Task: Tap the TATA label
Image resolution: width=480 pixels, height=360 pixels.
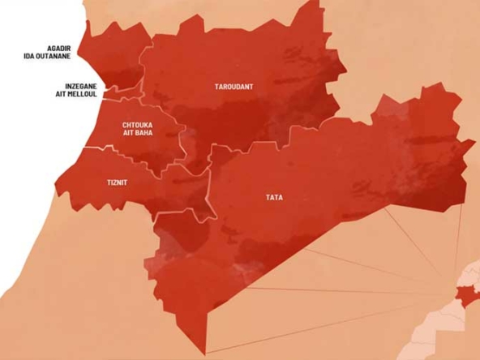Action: pos(274,197)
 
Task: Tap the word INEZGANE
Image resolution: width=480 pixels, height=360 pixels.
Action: pos(82,85)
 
